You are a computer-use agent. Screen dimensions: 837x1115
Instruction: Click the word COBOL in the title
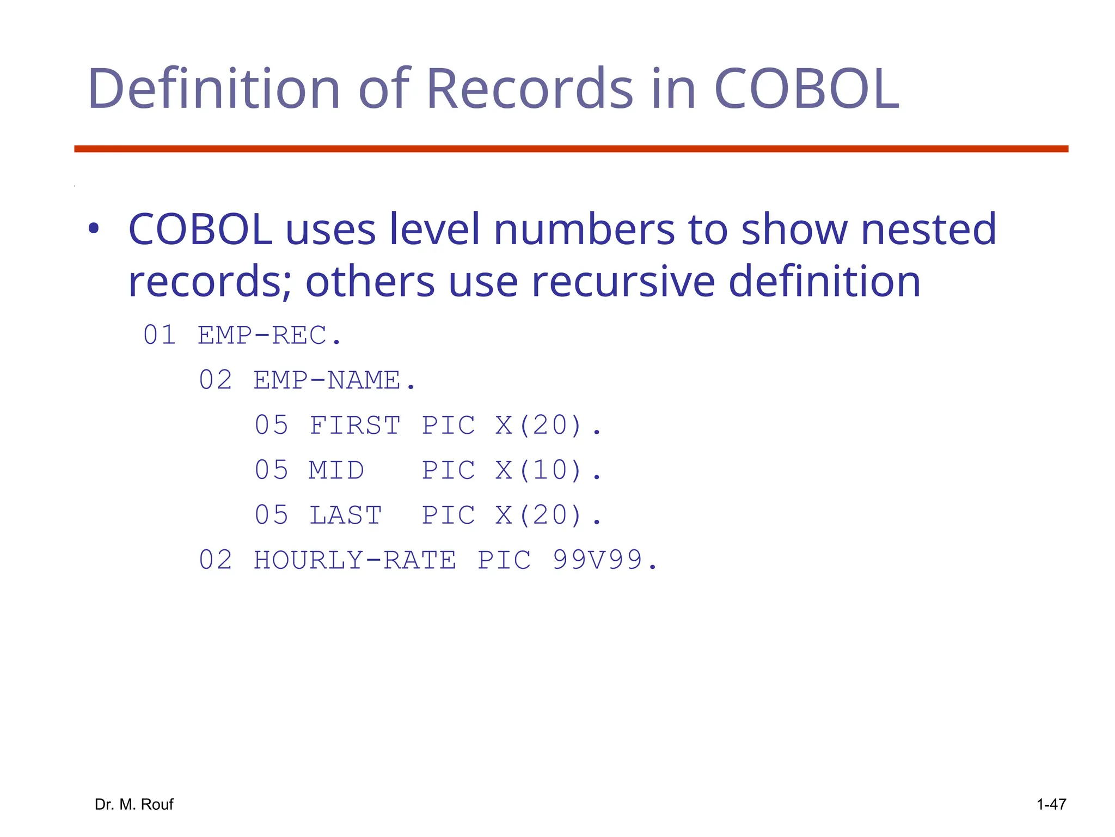[x=806, y=88]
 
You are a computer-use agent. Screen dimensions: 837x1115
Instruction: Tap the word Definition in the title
[x=213, y=88]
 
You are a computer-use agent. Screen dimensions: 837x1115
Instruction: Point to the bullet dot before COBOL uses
[x=94, y=229]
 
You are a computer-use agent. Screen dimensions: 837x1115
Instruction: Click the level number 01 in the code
[x=160, y=335]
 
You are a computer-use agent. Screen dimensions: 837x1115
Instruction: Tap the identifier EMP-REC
[x=269, y=335]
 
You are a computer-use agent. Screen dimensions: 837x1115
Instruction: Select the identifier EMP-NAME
[x=334, y=380]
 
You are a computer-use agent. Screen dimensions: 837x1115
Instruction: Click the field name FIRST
[x=354, y=426]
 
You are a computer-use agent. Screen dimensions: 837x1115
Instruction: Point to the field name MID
[x=336, y=470]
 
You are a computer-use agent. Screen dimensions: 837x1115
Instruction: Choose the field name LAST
[x=345, y=515]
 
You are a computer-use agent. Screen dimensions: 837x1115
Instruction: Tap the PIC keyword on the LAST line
[x=448, y=515]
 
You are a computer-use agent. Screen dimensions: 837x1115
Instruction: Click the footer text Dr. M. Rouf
[x=134, y=804]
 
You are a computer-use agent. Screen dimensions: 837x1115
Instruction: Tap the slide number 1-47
[x=1051, y=804]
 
